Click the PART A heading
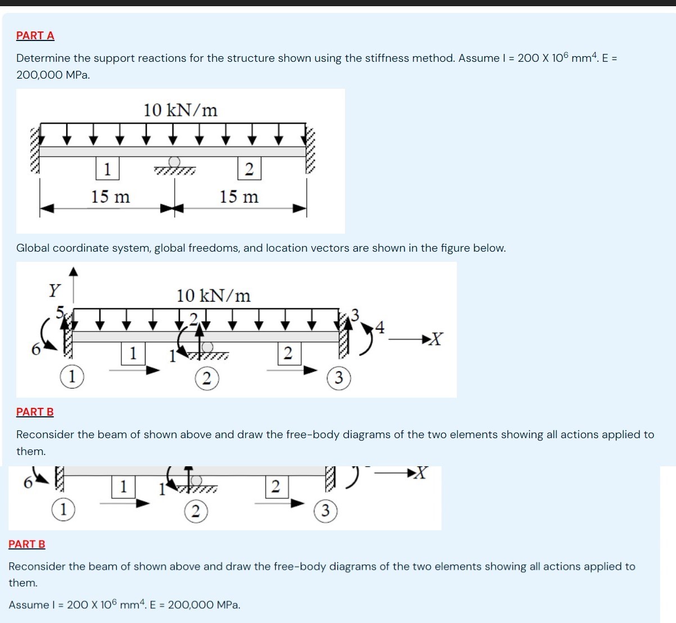pyautogui.click(x=35, y=35)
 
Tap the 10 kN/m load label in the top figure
pyautogui.click(x=180, y=110)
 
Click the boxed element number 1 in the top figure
pyautogui.click(x=107, y=169)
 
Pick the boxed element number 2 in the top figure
pyautogui.click(x=249, y=169)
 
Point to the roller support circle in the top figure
pyautogui.click(x=174, y=162)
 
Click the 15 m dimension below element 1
pyautogui.click(x=111, y=197)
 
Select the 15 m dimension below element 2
pyautogui.click(x=239, y=197)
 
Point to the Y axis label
pyautogui.click(x=54, y=290)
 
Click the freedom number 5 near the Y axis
pyautogui.click(x=60, y=311)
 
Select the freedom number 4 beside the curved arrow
pyautogui.click(x=380, y=328)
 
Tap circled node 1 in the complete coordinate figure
pyautogui.click(x=72, y=377)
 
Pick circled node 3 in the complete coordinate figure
pyautogui.click(x=338, y=378)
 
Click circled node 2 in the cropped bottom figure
pyautogui.click(x=196, y=511)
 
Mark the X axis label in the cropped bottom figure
pyautogui.click(x=420, y=474)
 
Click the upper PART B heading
pyautogui.click(x=35, y=412)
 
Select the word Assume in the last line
pyautogui.click(x=29, y=605)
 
